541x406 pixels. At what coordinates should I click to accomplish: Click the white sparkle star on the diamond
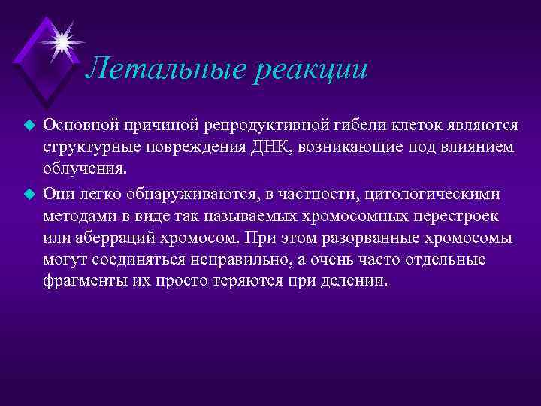(61, 38)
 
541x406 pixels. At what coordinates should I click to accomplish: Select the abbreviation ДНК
(280, 146)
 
